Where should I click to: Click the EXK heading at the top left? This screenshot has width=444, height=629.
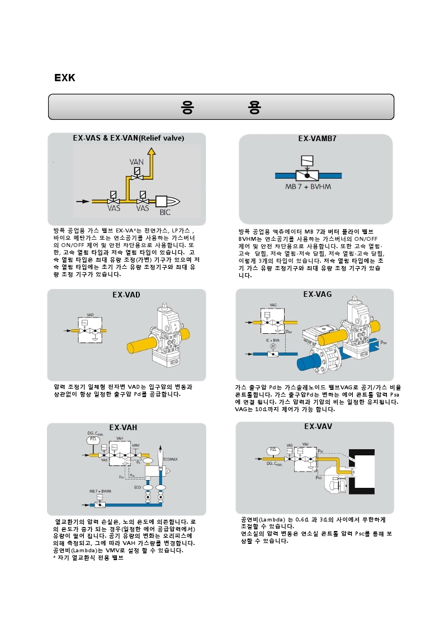[65, 78]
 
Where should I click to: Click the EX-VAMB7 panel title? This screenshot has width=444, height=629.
[317, 138]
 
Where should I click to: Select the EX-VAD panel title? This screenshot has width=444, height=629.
[126, 294]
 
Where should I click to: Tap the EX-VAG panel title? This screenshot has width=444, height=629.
[317, 293]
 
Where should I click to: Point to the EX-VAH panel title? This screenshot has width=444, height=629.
[123, 428]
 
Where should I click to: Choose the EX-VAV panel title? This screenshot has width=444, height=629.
[318, 426]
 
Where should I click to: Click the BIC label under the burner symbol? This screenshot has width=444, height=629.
[166, 212]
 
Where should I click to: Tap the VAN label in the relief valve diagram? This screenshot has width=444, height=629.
[136, 162]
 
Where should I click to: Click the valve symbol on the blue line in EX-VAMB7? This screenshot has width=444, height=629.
[306, 174]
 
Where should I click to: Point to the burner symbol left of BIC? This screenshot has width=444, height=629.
[167, 201]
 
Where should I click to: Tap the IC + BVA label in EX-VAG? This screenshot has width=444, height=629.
[272, 340]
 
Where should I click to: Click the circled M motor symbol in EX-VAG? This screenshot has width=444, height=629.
[273, 347]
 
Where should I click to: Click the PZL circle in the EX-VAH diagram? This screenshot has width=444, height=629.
[94, 440]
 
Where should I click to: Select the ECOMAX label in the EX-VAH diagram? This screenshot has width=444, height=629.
[171, 459]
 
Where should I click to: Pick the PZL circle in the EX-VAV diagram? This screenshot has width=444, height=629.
[273, 450]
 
